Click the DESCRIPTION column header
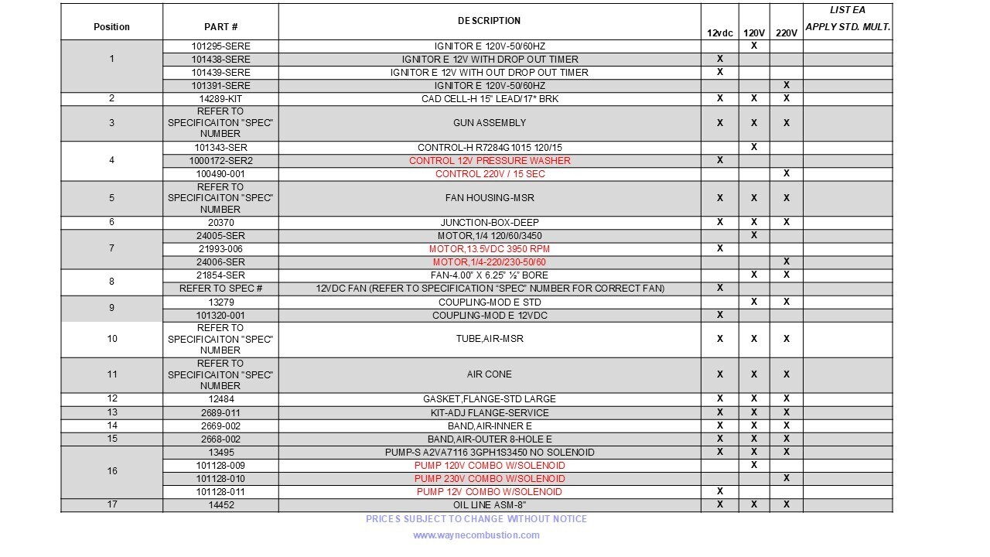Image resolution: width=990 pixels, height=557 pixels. (489, 21)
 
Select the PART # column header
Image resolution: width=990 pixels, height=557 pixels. (220, 27)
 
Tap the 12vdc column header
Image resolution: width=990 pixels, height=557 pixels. (720, 33)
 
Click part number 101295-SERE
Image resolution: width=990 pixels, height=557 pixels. (220, 46)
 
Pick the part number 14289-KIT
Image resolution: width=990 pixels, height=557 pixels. (220, 98)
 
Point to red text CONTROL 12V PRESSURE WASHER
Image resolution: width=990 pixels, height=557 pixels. (490, 161)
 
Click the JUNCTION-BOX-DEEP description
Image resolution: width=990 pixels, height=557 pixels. (490, 223)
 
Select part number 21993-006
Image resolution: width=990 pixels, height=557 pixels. (220, 249)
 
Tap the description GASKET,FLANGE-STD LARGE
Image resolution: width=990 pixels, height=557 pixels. (490, 399)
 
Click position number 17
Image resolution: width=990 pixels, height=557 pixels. (112, 505)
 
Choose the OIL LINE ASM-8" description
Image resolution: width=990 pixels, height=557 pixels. (490, 505)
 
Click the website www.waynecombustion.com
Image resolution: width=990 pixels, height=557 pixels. (476, 535)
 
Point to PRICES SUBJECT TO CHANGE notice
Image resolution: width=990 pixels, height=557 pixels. (476, 519)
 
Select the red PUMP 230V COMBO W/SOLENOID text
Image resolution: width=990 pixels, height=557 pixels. (490, 479)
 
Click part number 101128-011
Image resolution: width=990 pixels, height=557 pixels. (220, 492)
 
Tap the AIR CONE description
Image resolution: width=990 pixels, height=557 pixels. (490, 374)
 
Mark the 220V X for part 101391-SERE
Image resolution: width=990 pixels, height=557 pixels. (786, 85)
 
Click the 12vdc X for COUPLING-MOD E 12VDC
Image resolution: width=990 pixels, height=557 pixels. (720, 315)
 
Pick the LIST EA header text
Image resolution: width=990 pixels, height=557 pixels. (848, 10)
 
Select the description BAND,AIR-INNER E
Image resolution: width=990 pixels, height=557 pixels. (490, 425)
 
